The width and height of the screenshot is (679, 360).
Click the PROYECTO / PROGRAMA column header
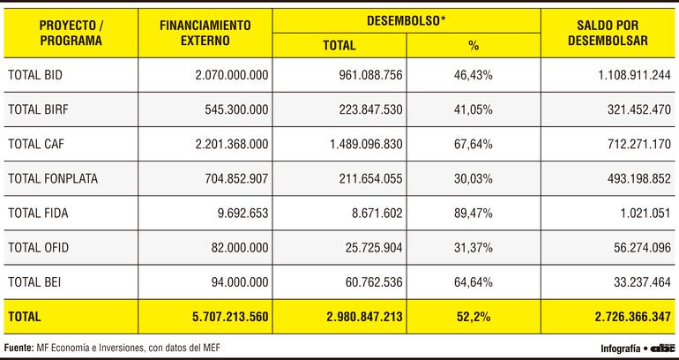(x=71, y=33)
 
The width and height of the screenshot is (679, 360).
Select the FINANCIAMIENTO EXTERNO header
(x=205, y=33)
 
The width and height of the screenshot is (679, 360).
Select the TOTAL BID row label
(x=34, y=76)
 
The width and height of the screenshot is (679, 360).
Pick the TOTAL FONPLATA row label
(x=51, y=178)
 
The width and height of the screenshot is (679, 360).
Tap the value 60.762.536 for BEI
(x=370, y=281)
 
